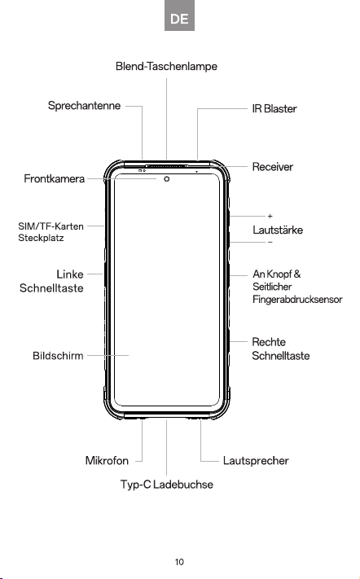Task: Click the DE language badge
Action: coord(179,15)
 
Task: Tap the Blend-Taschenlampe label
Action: coord(166,67)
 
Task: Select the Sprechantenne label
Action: coord(84,106)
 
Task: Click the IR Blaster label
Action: coord(274,109)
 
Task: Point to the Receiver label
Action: coord(273,167)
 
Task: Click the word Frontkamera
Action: coord(55,178)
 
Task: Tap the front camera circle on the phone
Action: coord(167,179)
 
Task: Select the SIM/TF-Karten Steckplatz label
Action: coord(51,232)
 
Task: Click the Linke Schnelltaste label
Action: coord(51,281)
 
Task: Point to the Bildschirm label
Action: coord(58,356)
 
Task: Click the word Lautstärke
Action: coord(278,230)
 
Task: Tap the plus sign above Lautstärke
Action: coord(270,216)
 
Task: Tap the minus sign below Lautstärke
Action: coord(270,242)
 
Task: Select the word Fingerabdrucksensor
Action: coord(297,300)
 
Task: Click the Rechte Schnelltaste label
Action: coord(281,349)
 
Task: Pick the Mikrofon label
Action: coord(107,461)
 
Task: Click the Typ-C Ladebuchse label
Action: coord(167,485)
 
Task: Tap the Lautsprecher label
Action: coord(256,461)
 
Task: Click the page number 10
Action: coord(179,562)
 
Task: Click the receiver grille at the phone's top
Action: coord(166,166)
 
